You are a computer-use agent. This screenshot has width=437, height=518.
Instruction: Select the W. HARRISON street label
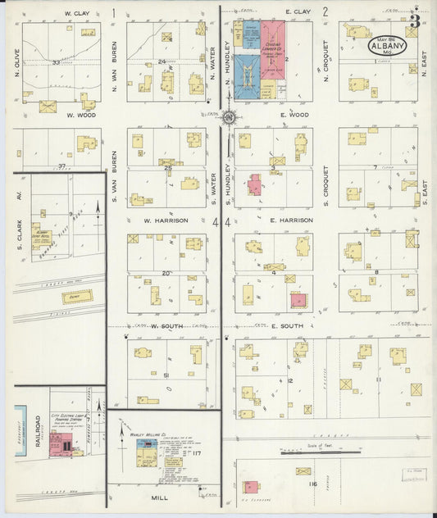click(166, 220)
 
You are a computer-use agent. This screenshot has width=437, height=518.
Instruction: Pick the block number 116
click(312, 484)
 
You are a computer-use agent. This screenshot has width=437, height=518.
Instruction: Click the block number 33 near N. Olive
click(56, 62)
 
